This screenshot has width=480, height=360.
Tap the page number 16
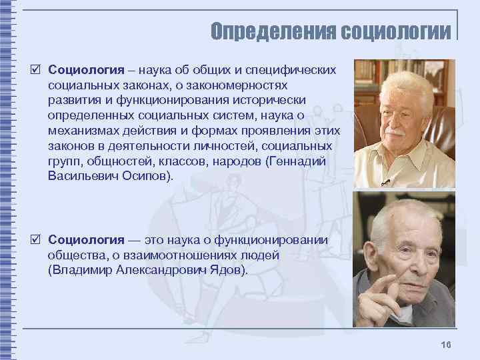point(446,344)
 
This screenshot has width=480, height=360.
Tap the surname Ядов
point(229,270)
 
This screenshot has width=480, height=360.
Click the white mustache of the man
point(395,131)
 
